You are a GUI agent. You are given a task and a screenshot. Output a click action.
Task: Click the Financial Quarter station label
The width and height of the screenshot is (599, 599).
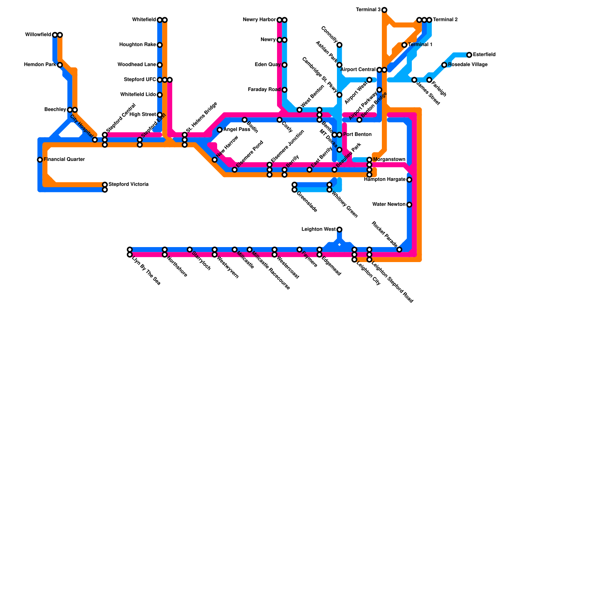64,159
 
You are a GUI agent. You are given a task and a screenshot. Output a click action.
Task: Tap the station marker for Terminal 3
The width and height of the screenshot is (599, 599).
384,10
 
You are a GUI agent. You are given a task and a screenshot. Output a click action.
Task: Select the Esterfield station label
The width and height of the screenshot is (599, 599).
484,55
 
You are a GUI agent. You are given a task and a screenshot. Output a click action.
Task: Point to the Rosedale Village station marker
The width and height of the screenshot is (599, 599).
444,65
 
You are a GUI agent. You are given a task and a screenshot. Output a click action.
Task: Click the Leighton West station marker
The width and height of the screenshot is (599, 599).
339,229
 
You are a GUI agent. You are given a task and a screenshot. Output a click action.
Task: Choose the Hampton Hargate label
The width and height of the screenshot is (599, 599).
384,180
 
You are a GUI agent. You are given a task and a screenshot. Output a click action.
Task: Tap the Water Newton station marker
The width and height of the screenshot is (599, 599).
409,204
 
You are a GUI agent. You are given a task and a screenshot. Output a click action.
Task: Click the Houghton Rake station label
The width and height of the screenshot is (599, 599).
137,45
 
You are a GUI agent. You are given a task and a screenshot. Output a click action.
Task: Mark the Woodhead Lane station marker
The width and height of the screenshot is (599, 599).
159,65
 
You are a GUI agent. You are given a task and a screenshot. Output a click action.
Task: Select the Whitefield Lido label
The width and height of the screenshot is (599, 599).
138,95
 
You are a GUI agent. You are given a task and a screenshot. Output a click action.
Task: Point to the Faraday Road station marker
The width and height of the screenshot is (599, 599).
285,90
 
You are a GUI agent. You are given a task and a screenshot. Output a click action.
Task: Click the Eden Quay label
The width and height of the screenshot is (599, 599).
267,65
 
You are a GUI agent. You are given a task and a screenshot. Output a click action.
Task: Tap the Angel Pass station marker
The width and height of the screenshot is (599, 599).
220,130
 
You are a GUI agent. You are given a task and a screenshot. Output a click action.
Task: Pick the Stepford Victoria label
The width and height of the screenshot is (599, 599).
128,185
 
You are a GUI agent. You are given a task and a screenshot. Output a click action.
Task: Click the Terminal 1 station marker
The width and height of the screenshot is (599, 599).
404,45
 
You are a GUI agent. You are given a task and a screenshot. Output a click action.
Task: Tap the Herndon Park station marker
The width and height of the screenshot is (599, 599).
60,65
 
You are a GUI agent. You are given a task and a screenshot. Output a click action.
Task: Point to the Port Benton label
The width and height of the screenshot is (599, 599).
357,135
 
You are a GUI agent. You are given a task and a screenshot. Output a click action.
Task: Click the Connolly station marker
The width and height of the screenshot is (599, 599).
339,45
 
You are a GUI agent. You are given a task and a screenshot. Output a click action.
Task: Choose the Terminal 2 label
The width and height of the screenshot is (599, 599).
445,20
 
